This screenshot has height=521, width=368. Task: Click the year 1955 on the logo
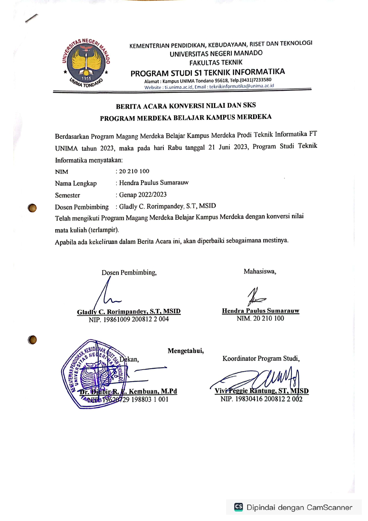[86, 78]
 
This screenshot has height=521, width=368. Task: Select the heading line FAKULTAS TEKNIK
[216, 63]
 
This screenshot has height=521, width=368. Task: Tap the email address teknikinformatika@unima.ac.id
[242, 86]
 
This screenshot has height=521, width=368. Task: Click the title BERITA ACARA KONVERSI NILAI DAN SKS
[186, 106]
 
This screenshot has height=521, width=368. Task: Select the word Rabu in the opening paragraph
[175, 148]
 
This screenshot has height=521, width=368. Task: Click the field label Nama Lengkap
[76, 183]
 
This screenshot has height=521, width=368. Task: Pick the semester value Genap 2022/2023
[143, 195]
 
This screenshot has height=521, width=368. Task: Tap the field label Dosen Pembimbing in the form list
[82, 207]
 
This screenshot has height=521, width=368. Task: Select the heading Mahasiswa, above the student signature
[260, 271]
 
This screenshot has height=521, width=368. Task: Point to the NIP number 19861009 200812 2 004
[136, 319]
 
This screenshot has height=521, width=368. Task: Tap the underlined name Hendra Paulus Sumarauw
[261, 311]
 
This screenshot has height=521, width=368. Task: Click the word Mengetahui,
[185, 351]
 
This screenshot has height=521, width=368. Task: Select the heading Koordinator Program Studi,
[261, 359]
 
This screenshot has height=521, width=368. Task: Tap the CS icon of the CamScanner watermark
[239, 507]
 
